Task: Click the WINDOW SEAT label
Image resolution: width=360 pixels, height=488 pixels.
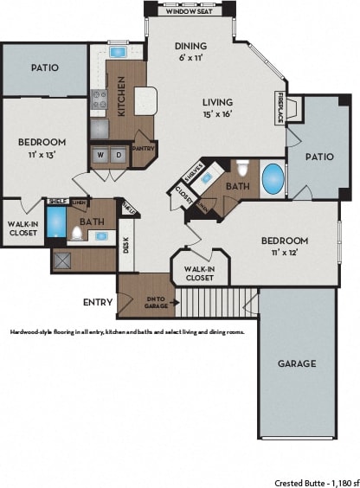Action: click(190, 11)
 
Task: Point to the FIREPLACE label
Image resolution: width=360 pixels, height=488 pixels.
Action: click(280, 108)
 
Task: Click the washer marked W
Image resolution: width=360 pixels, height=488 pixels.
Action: click(101, 156)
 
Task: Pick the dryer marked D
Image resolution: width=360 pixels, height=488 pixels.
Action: click(119, 156)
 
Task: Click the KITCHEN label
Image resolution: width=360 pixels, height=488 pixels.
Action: click(122, 95)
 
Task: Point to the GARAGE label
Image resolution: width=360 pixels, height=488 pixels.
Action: click(297, 363)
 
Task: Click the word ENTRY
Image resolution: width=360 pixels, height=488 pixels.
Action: click(97, 302)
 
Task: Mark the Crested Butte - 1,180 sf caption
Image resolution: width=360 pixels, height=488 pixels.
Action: click(314, 481)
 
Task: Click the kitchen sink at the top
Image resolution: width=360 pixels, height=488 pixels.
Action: click(117, 52)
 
